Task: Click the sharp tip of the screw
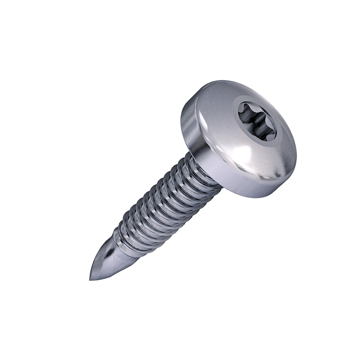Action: (91, 279)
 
